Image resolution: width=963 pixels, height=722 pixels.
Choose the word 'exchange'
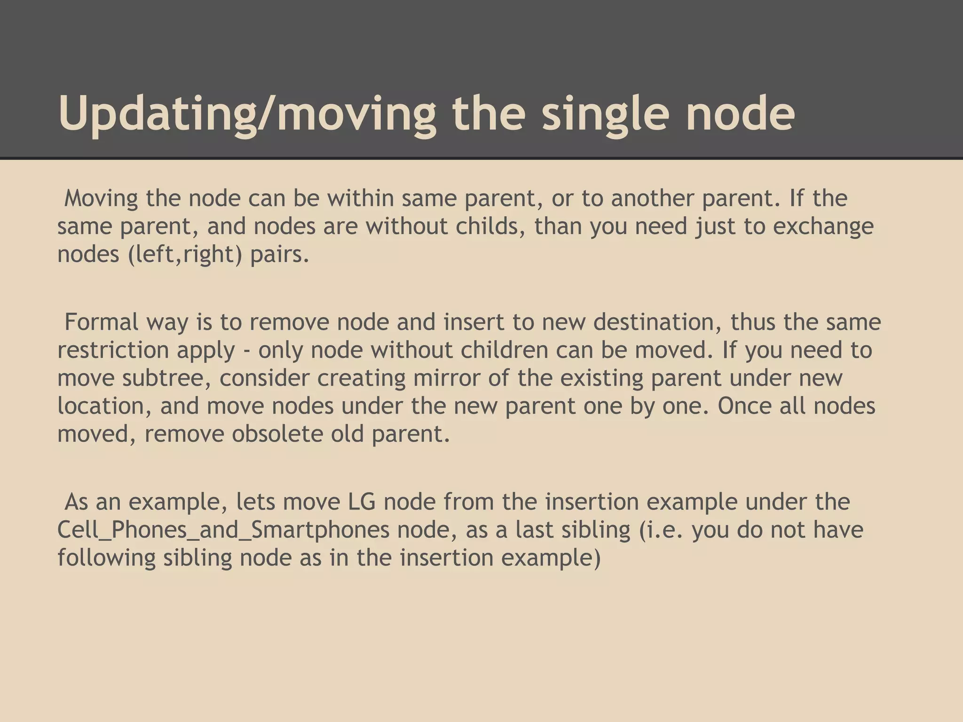coord(823,226)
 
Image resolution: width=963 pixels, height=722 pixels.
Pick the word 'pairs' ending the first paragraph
coord(279,254)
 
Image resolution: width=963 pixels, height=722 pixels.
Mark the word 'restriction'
coord(113,350)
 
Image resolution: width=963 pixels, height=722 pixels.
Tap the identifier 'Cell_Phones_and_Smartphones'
coord(223,530)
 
